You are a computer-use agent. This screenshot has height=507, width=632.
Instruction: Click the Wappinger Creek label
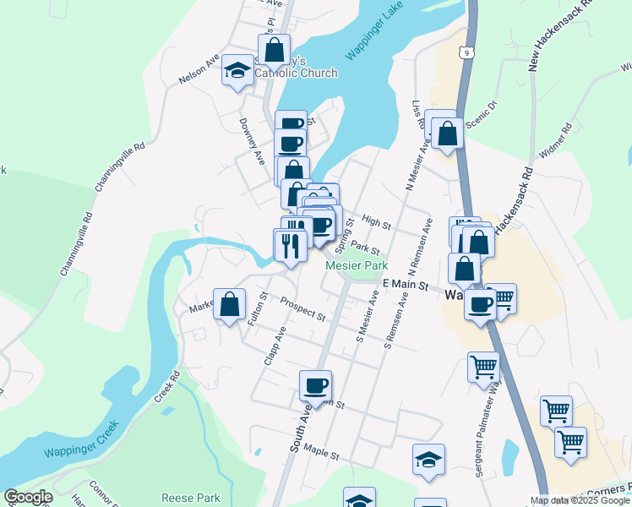[x=81, y=446]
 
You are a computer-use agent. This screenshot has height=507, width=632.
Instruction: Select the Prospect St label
[x=303, y=310]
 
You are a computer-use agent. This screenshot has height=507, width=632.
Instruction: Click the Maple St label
[x=321, y=455]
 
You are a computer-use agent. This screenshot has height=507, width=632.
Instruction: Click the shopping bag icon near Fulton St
[x=229, y=304]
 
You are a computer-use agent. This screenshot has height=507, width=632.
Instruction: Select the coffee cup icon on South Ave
[x=315, y=385]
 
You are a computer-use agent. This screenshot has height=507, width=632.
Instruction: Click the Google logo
[x=28, y=497]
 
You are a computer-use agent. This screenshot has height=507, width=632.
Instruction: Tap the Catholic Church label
[x=296, y=73]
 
